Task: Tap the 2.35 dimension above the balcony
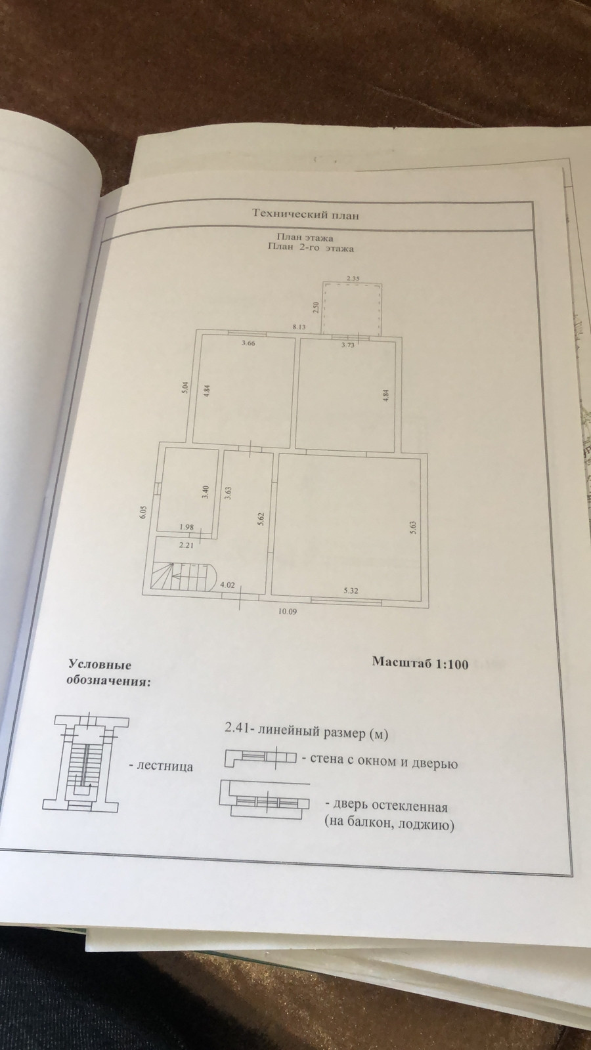(x=353, y=279)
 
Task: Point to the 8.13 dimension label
(x=299, y=326)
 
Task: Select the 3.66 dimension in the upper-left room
(x=248, y=343)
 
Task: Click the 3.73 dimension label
(x=347, y=344)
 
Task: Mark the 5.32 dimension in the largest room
(x=350, y=591)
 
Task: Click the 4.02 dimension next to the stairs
(x=228, y=584)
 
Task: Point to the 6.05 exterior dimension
(x=142, y=512)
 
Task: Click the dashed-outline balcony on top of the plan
(x=353, y=308)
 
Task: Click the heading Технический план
(x=306, y=214)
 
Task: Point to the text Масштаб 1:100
(x=420, y=663)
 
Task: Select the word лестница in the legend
(x=165, y=766)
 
